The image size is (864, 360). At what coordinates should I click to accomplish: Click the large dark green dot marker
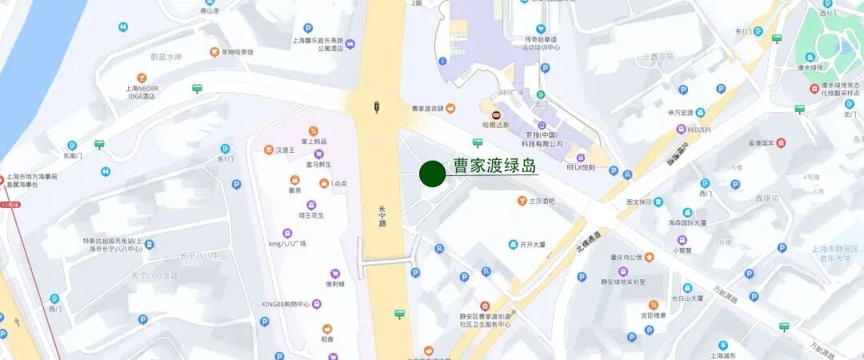(x=432, y=174)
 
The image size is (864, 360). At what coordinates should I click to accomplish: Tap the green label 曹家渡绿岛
(x=494, y=166)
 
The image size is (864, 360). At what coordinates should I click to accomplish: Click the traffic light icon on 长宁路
(x=376, y=106)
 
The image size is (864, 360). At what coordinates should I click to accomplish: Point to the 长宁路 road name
(x=382, y=218)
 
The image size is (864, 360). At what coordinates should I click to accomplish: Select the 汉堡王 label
(x=286, y=150)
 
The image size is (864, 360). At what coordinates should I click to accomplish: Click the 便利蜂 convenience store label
(x=334, y=283)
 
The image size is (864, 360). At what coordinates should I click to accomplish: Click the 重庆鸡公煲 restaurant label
(x=624, y=258)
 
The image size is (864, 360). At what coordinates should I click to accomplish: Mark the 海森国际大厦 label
(x=688, y=222)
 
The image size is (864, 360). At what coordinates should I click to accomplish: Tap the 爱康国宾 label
(x=760, y=143)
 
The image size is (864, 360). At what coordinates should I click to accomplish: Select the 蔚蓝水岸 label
(x=166, y=57)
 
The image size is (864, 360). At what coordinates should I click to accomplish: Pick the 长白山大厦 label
(x=687, y=298)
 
